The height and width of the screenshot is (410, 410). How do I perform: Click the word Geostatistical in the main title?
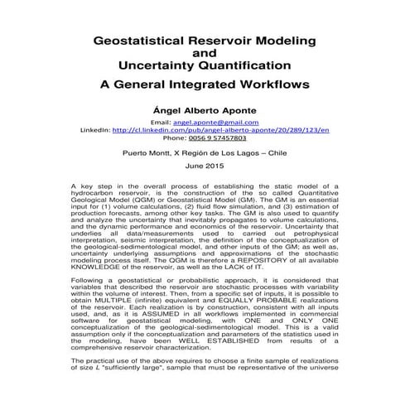coord(143,40)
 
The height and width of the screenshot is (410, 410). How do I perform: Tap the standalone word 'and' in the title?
coord(204,52)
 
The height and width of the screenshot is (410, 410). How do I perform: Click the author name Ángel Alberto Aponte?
coord(204,109)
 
